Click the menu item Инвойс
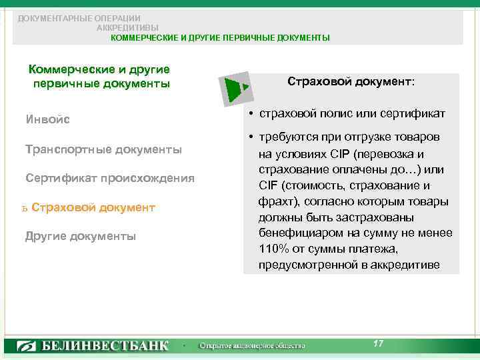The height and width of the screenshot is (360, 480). [x=47, y=120]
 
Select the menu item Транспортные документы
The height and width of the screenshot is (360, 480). [x=103, y=149]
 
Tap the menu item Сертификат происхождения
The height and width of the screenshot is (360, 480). [x=109, y=178]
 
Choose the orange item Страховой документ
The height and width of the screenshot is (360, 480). [x=93, y=207]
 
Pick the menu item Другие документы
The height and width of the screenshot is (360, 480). [x=80, y=236]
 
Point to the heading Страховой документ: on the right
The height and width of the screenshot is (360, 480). [x=351, y=81]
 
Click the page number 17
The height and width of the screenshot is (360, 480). [x=378, y=343]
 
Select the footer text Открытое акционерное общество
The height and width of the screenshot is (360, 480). [x=253, y=346]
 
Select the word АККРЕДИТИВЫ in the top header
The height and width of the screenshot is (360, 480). [x=127, y=28]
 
